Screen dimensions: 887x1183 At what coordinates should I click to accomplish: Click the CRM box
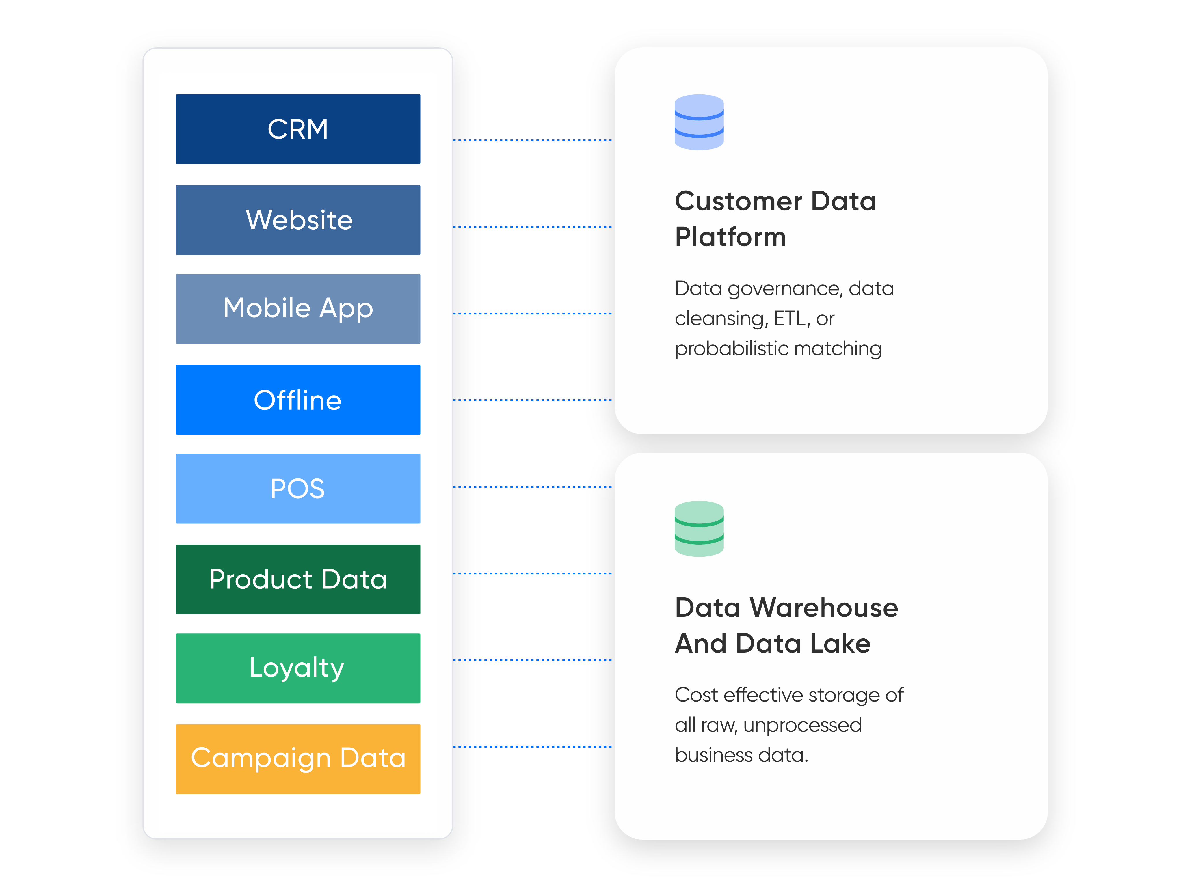click(298, 129)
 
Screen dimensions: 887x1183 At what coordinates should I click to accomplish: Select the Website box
click(298, 220)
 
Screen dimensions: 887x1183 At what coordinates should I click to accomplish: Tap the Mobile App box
click(298, 308)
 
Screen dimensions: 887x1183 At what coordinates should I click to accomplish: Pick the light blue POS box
click(298, 488)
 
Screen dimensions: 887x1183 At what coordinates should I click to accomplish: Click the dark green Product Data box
click(298, 579)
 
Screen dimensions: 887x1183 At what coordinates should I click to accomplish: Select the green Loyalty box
click(298, 668)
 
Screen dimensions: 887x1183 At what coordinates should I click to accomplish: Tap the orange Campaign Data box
click(298, 759)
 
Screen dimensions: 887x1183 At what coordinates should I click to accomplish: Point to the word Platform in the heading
click(730, 237)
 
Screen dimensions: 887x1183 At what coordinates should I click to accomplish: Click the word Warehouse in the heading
click(824, 608)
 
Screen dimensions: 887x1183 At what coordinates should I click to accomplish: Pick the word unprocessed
click(802, 725)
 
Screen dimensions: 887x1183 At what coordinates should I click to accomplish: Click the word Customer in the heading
click(738, 202)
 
